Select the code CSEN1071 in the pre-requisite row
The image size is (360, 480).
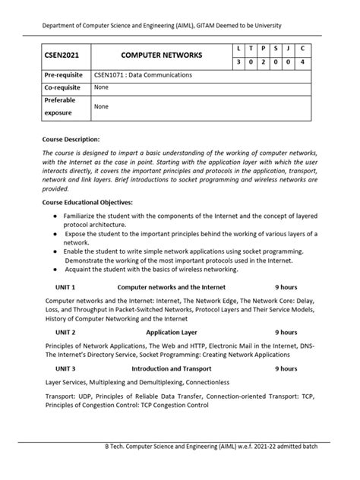[x=110, y=75]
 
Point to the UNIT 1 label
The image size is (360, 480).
[x=65, y=288]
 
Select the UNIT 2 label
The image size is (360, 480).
[x=65, y=332]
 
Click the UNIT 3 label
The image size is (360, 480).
[x=65, y=368]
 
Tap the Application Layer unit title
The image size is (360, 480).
[x=172, y=332]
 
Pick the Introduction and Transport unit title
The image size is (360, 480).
[x=172, y=368]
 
